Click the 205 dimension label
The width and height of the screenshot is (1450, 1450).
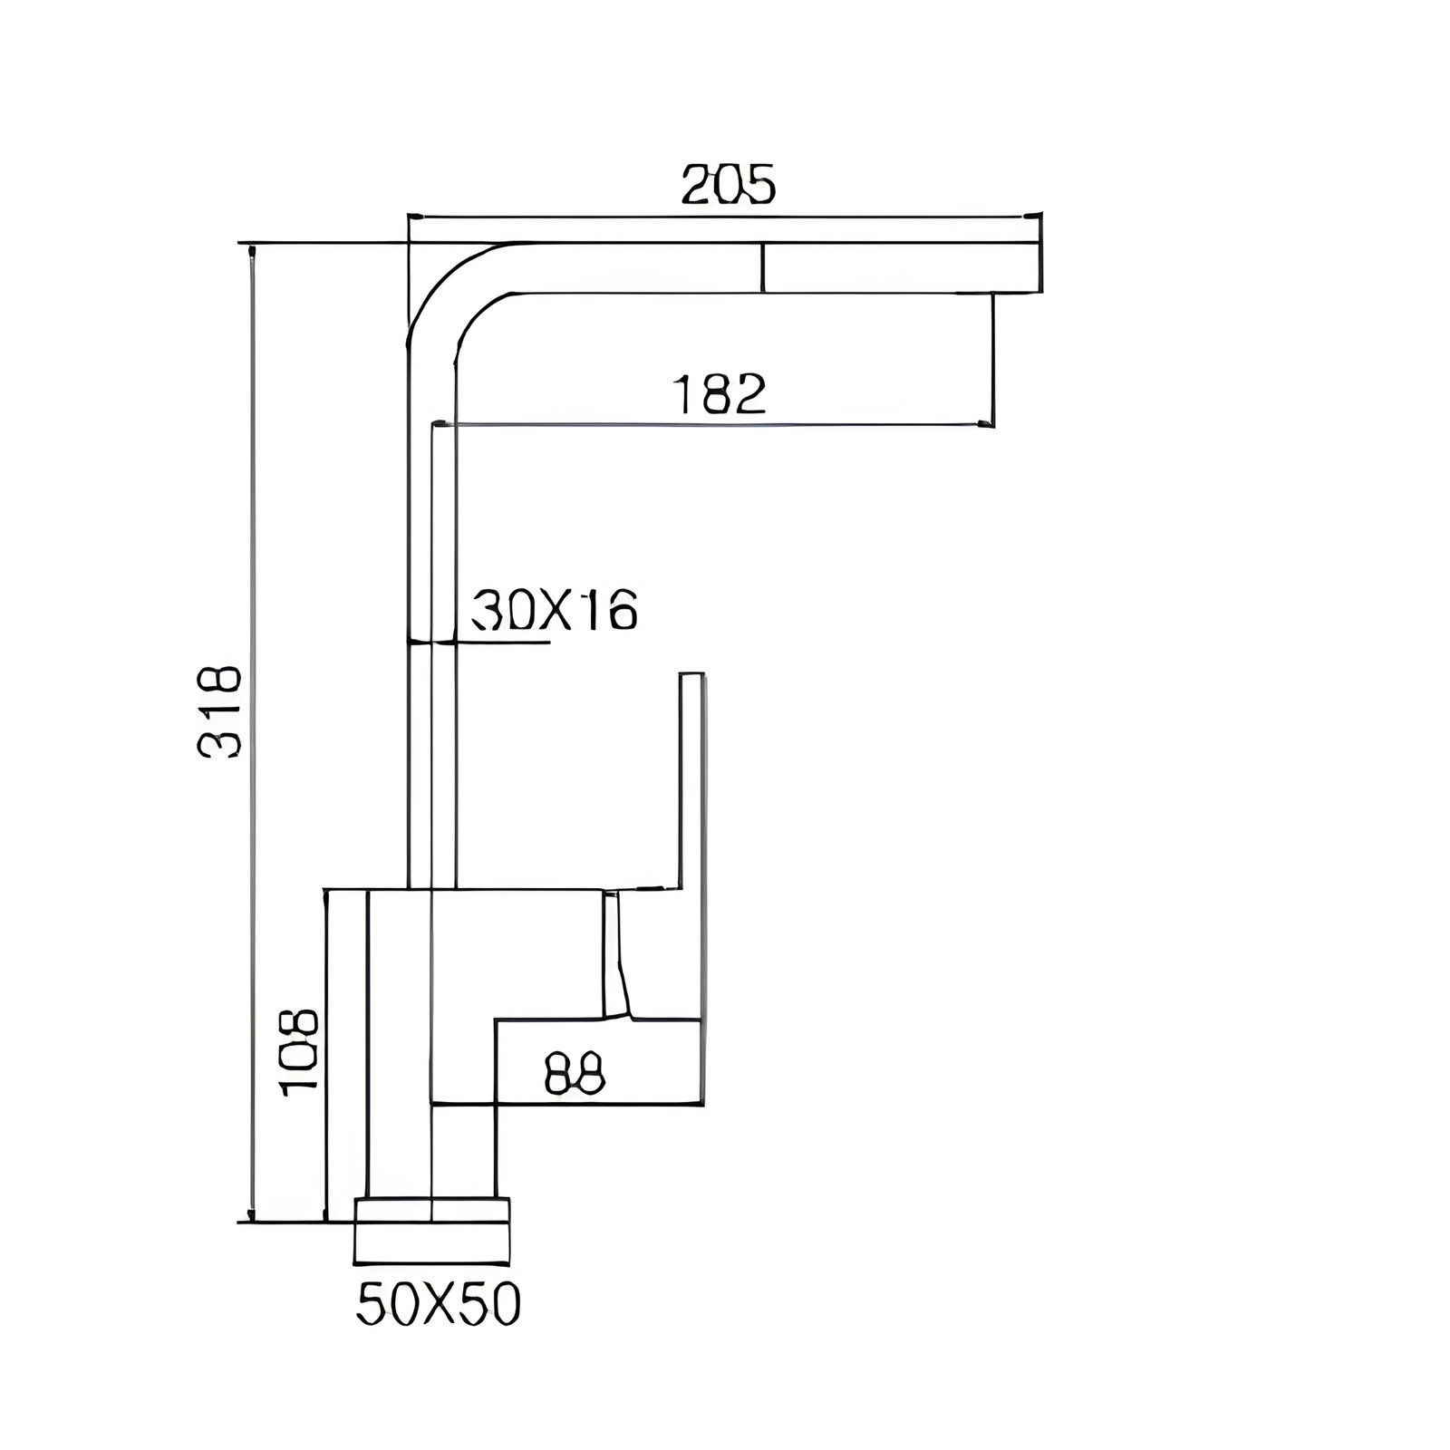coord(729,185)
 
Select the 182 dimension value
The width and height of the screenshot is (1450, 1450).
coord(721,394)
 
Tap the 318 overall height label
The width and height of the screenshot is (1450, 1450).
coord(219,710)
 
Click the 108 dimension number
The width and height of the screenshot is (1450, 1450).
coord(299,1052)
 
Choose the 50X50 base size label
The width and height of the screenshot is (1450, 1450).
coord(439,1306)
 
